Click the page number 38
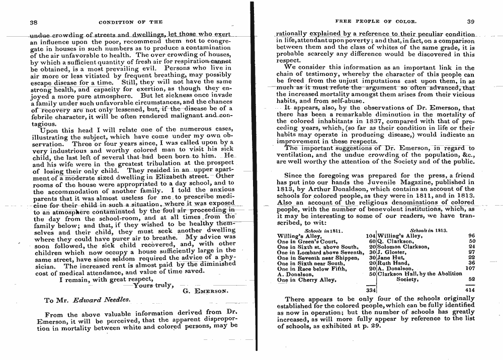click(34, 22)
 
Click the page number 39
click(471, 21)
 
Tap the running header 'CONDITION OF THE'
click(131, 22)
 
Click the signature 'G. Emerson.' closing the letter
click(205, 291)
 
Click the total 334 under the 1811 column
click(371, 290)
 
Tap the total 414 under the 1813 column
click(470, 290)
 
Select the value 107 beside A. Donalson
click(470, 268)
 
